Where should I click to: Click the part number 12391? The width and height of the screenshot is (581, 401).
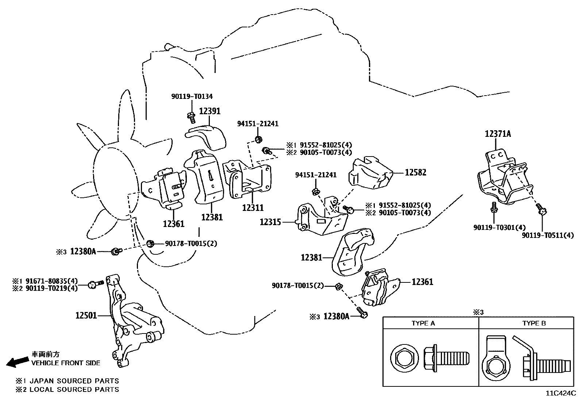pos(209,111)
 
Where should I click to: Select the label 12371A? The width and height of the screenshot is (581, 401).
pos(498,134)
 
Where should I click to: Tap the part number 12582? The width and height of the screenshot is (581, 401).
pos(415,172)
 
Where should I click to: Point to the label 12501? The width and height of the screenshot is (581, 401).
pos(86,315)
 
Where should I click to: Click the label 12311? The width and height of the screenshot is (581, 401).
pos(253,208)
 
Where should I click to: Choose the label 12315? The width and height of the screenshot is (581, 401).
pos(270,221)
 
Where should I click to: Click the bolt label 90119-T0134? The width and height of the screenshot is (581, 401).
pos(192,97)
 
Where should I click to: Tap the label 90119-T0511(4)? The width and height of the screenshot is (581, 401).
pos(547,235)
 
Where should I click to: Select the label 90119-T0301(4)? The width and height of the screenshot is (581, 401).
pos(494,227)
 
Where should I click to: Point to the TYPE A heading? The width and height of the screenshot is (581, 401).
pos(423,323)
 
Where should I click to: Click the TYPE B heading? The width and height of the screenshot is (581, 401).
pos(534,323)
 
